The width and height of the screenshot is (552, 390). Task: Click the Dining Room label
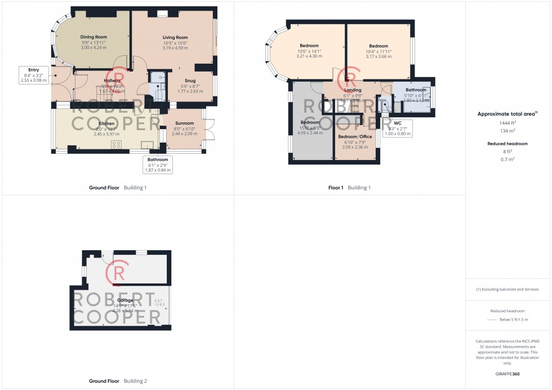tap(94, 37)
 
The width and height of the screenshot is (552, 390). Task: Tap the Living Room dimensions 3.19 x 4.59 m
tap(175, 48)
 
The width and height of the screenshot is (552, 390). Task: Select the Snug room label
tap(186, 81)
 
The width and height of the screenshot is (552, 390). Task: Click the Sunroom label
tap(184, 123)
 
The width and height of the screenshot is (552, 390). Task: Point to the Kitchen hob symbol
tap(116, 144)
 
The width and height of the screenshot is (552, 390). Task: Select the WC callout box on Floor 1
tap(398, 128)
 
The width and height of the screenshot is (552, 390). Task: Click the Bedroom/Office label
tap(355, 137)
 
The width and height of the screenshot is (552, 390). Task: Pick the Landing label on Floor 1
tap(353, 90)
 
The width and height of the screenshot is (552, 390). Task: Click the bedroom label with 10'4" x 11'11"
tap(379, 46)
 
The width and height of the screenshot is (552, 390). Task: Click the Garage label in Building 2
tap(124, 300)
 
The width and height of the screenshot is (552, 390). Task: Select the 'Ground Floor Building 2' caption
tap(118, 381)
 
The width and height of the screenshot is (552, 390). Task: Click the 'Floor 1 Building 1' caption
tap(350, 188)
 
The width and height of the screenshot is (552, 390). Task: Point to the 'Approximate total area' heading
tap(507, 114)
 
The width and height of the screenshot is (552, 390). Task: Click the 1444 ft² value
tap(507, 122)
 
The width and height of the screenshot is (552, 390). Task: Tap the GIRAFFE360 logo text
tap(508, 374)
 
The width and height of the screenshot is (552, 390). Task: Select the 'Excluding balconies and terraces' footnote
tap(508, 289)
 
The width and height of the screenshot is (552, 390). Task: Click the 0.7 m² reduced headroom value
tap(508, 159)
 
